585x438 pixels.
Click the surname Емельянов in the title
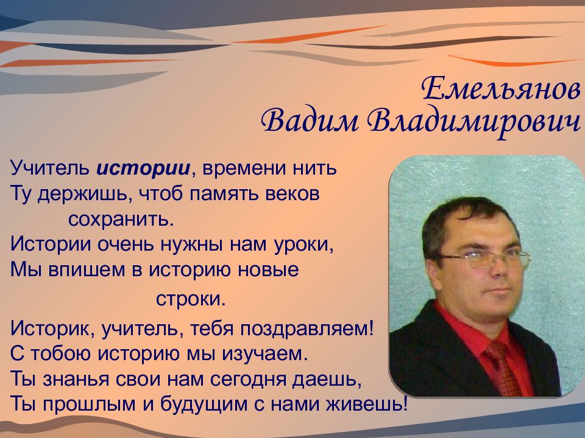pyautogui.click(x=500, y=89)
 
